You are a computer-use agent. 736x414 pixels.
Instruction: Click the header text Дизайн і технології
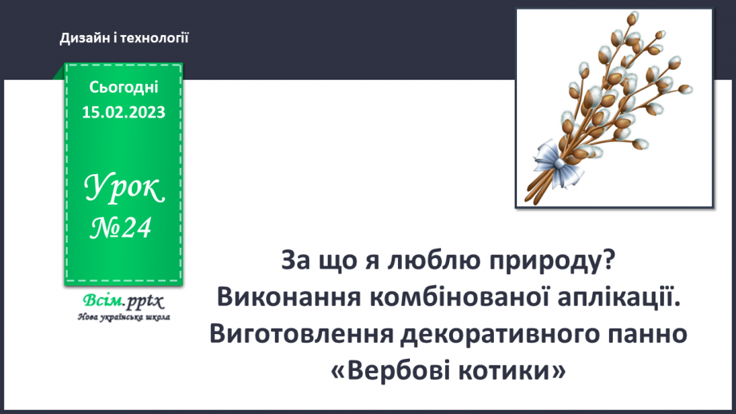tap(124, 37)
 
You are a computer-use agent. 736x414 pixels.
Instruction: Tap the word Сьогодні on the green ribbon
tap(124, 87)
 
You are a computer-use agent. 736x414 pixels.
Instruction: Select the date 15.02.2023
tap(124, 112)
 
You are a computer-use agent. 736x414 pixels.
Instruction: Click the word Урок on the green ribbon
tap(125, 189)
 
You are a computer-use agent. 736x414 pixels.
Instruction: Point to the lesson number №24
tap(121, 229)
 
